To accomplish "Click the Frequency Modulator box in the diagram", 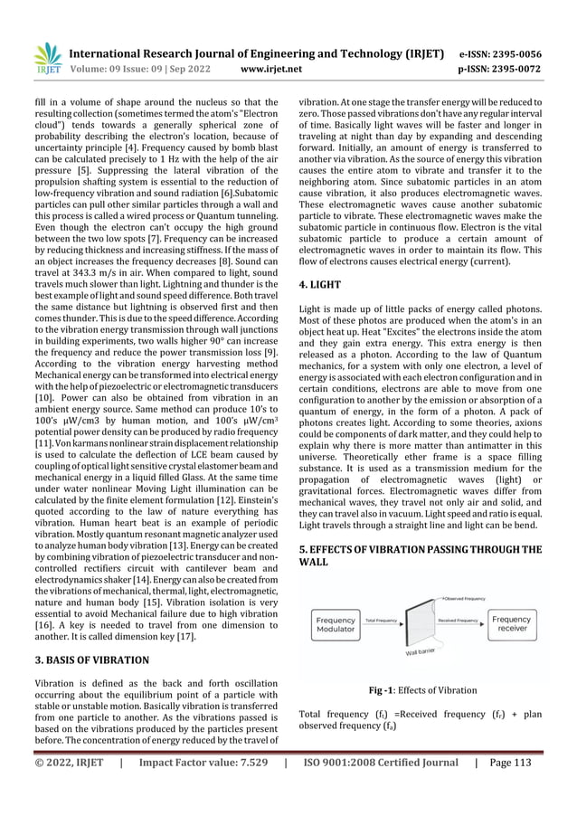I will pyautogui.click(x=336, y=623).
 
